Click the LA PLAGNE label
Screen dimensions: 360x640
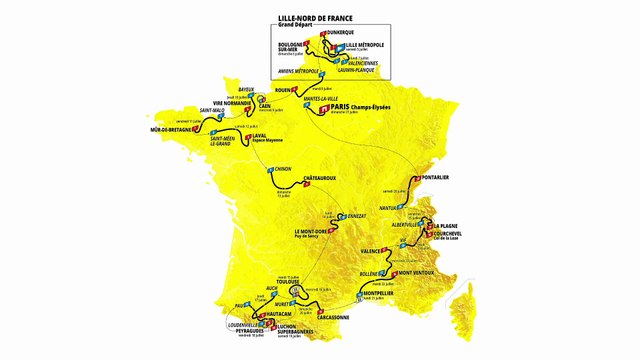pos(449,226)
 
